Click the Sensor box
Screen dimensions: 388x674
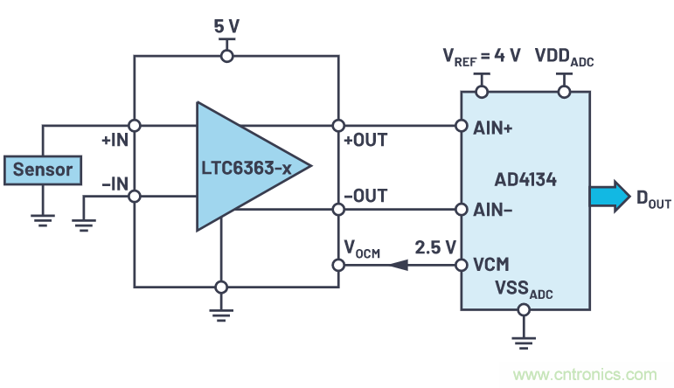42,169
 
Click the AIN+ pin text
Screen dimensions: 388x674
494,126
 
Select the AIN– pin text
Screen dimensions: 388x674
494,210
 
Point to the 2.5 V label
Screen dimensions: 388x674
434,247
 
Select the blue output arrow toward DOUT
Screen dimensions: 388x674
608,196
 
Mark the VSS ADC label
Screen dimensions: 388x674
524,287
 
